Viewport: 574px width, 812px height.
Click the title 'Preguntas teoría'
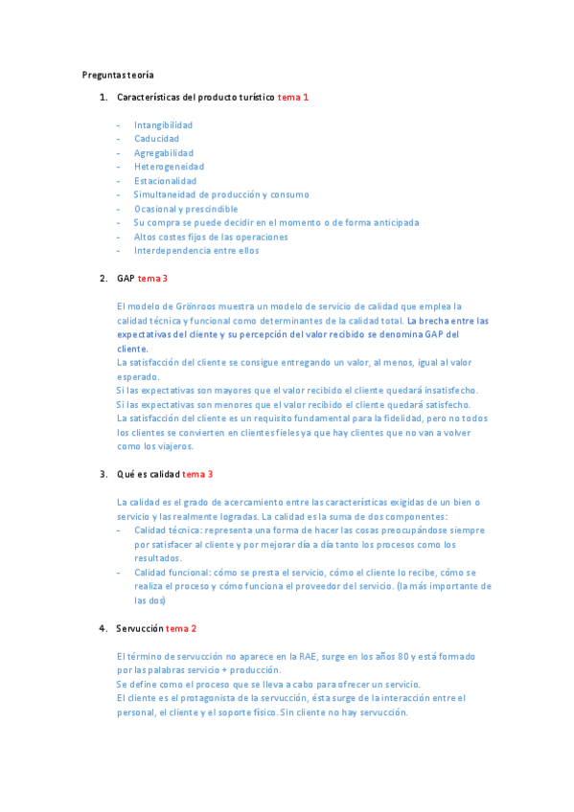click(118, 75)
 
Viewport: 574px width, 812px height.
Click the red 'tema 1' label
click(293, 97)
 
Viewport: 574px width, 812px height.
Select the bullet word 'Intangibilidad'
click(163, 125)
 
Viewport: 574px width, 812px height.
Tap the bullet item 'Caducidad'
click(156, 139)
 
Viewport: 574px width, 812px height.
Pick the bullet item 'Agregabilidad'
click(163, 153)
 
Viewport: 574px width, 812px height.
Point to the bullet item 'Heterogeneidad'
click(169, 167)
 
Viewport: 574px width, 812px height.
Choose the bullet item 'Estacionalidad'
click(165, 181)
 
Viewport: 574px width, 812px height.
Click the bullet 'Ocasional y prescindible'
click(186, 209)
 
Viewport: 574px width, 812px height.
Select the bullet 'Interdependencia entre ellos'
click(196, 251)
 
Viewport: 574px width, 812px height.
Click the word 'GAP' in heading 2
click(126, 279)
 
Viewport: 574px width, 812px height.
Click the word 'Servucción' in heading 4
click(140, 628)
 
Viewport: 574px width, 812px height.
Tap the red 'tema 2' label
click(181, 628)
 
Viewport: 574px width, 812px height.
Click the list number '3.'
click(103, 474)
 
